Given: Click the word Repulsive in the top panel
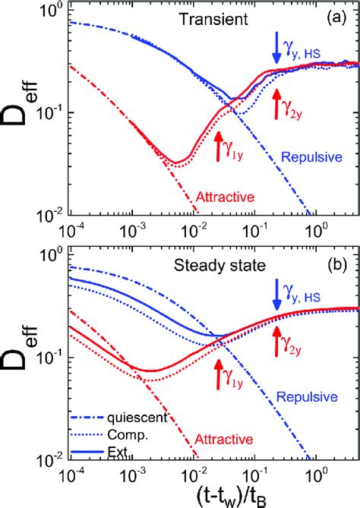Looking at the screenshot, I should point(307,157).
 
